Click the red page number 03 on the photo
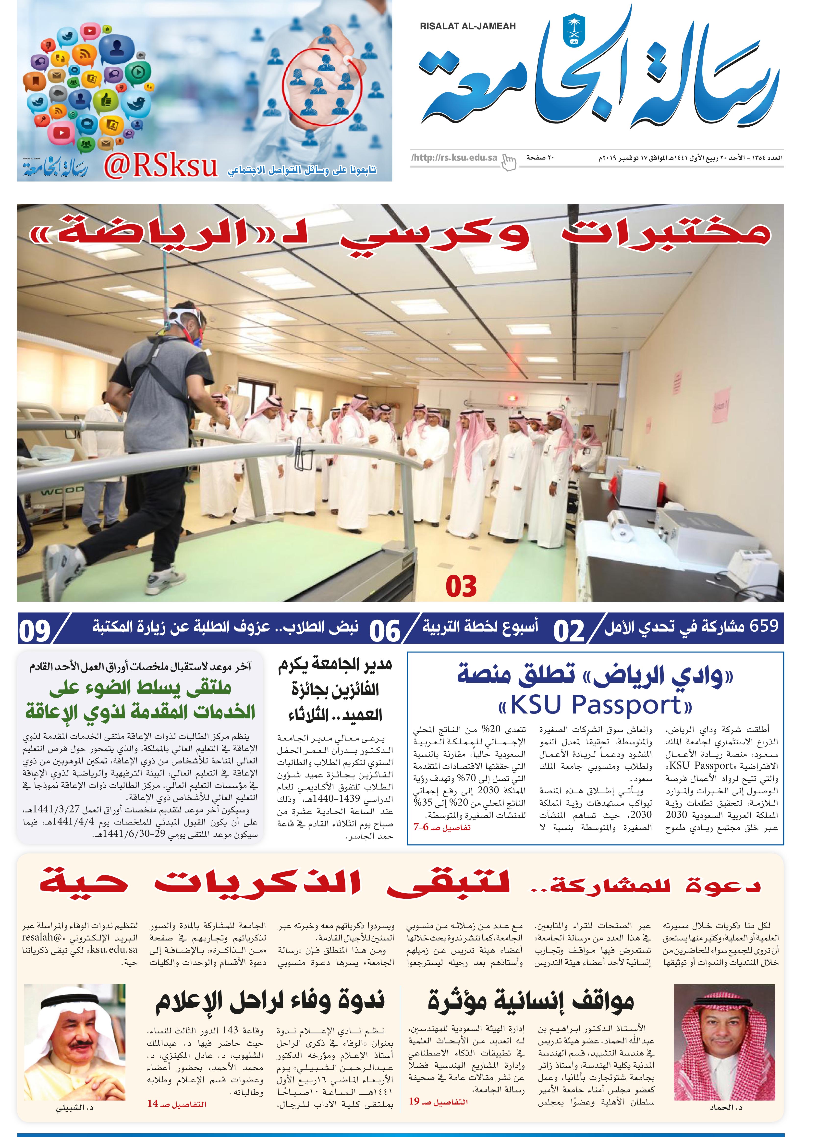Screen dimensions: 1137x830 click(461, 586)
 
